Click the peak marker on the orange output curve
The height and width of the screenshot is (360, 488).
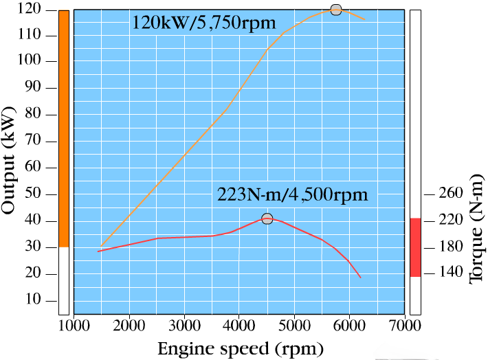click(x=335, y=10)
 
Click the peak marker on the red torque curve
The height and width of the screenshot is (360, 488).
click(x=267, y=219)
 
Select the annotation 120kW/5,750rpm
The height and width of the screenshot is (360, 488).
click(x=204, y=23)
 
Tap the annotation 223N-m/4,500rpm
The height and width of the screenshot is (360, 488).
click(x=293, y=194)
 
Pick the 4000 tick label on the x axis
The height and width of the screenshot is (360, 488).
click(x=239, y=326)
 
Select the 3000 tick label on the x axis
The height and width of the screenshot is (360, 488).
click(x=184, y=326)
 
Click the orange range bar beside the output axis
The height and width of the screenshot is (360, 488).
click(x=64, y=128)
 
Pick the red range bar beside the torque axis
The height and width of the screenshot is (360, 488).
click(x=414, y=247)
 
